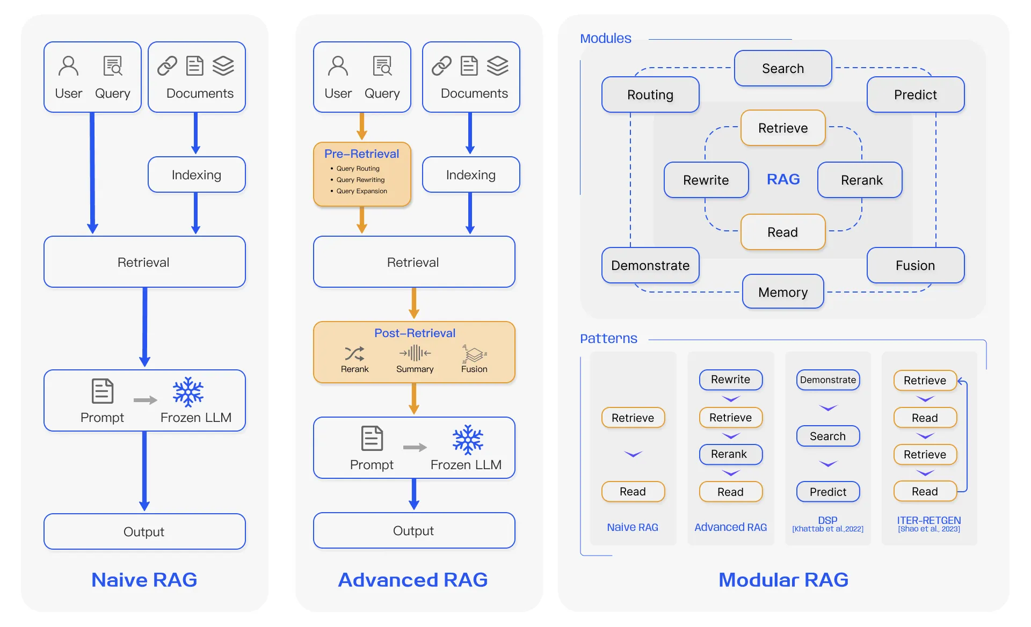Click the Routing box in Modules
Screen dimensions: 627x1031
click(650, 95)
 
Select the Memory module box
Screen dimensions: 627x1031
click(783, 292)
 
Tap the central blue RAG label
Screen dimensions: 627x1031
click(783, 179)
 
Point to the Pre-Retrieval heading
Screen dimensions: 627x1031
click(361, 154)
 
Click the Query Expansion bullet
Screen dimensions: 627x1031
click(361, 191)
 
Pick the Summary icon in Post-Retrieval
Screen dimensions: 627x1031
click(415, 353)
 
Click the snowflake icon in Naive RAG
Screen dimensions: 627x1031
click(188, 392)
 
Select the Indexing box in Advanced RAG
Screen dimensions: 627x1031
click(471, 175)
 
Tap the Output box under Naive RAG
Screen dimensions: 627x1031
click(144, 531)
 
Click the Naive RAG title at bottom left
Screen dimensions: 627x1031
click(144, 580)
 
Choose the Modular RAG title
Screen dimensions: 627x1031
click(783, 580)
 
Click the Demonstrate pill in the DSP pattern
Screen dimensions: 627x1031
click(828, 380)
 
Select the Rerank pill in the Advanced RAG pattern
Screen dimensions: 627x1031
click(731, 454)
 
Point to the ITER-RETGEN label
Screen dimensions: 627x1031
click(929, 520)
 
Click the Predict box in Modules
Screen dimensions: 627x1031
click(916, 95)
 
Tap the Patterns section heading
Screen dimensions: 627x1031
click(608, 339)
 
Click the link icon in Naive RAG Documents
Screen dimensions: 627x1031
click(167, 66)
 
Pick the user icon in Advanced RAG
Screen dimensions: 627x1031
click(338, 66)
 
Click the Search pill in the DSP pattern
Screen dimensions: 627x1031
click(828, 436)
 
